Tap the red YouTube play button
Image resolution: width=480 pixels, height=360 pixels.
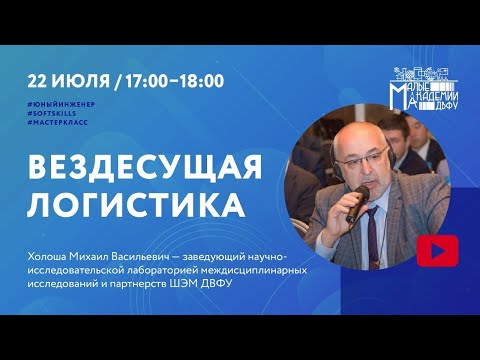click(x=438, y=247)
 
